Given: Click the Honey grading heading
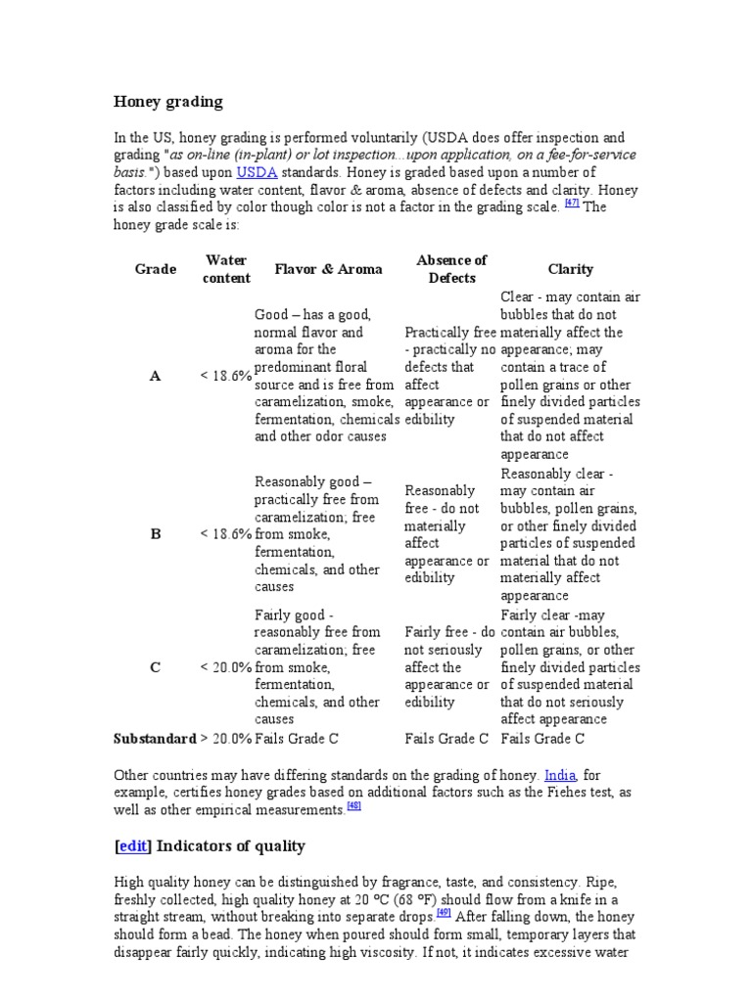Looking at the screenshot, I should pyautogui.click(x=168, y=102).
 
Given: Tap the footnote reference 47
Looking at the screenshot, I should pyautogui.click(x=573, y=204).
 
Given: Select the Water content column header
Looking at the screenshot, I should pyautogui.click(x=226, y=269).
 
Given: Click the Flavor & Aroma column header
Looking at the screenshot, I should pyautogui.click(x=328, y=269).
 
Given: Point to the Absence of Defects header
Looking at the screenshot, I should pyautogui.click(x=450, y=269).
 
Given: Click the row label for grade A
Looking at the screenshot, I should pyautogui.click(x=155, y=376).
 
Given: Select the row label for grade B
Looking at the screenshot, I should pyautogui.click(x=155, y=534).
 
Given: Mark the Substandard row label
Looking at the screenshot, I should pyautogui.click(x=155, y=738).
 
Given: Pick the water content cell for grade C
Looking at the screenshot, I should pyautogui.click(x=226, y=667).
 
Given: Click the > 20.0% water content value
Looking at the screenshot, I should pyautogui.click(x=226, y=738).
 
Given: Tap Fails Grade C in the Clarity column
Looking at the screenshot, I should pyautogui.click(x=542, y=738).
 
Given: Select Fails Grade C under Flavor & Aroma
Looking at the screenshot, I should pyautogui.click(x=297, y=738).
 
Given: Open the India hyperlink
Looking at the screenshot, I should pyautogui.click(x=560, y=775).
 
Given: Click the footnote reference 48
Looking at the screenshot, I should pyautogui.click(x=354, y=807).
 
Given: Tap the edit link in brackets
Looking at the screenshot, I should pyautogui.click(x=132, y=846).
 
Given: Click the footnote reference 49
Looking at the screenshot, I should pyautogui.click(x=444, y=913).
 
